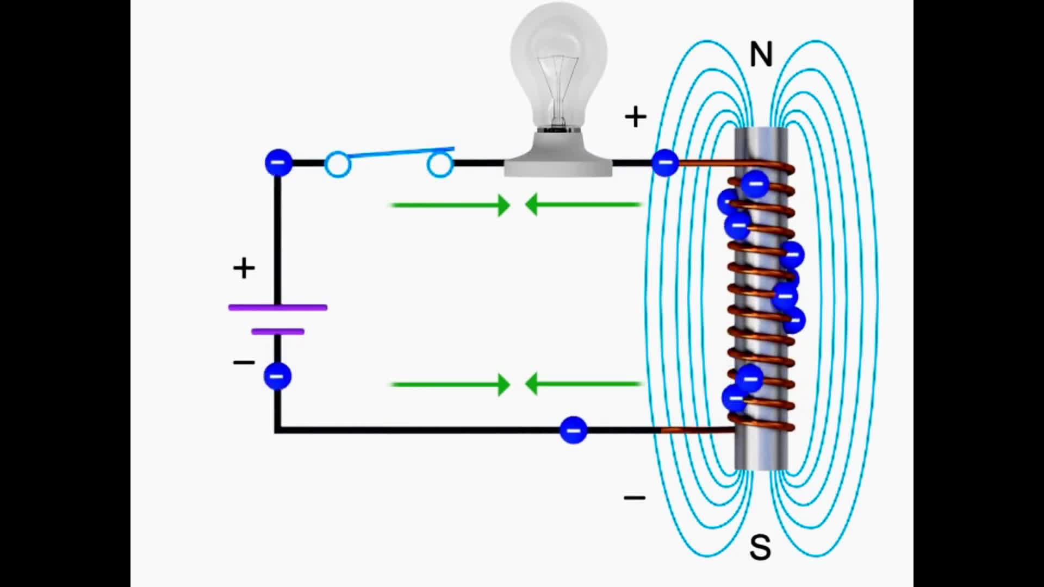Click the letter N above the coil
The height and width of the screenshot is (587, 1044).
[761, 54]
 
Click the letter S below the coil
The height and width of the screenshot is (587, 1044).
[760, 547]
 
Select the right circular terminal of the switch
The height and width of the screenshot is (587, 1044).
[440, 165]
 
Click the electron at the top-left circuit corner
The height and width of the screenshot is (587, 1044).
[278, 163]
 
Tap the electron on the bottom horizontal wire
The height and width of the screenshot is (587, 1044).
[573, 430]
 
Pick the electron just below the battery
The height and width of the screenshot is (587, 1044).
[278, 376]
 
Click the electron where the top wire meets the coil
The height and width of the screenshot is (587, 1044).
[665, 163]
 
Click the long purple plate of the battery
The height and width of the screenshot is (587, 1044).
[278, 308]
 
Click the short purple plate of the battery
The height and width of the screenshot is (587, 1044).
[278, 331]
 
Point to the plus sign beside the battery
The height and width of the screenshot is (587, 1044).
[244, 268]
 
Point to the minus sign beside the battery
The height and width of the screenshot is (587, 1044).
[244, 362]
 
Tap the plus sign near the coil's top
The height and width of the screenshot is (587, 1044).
[636, 117]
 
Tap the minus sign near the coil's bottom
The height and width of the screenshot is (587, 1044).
[635, 497]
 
